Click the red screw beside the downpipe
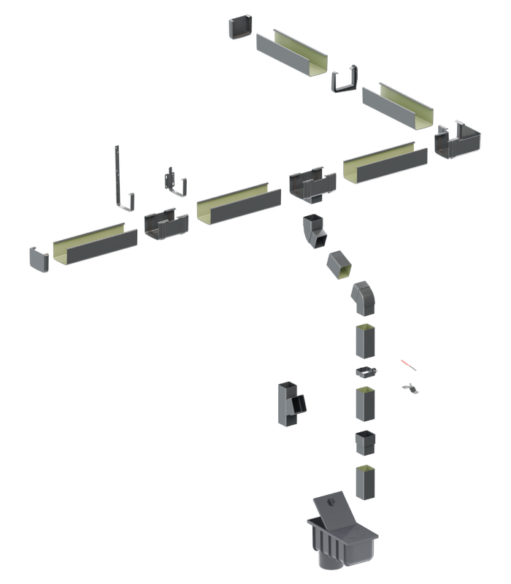click(407, 364)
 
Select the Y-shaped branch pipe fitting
click(291, 403)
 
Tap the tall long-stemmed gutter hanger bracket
click(120, 179)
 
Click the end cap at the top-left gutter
click(241, 27)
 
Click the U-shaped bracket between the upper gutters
click(345, 80)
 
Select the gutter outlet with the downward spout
click(312, 185)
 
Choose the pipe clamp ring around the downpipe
click(366, 372)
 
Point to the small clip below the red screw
click(411, 388)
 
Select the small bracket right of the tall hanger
click(175, 182)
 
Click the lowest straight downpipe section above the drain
click(367, 482)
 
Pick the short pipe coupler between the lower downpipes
click(366, 442)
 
